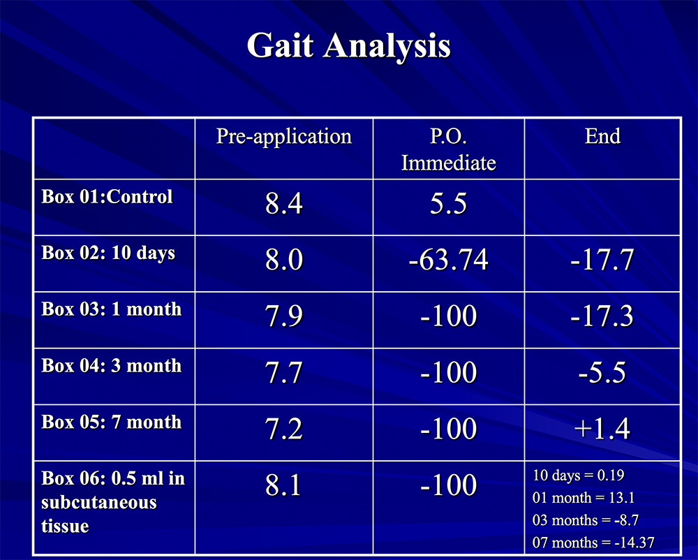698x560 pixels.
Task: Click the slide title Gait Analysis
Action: [x=348, y=46]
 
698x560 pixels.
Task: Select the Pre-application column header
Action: [x=283, y=135]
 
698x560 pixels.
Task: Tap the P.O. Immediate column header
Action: [x=448, y=149]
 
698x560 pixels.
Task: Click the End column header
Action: [x=602, y=135]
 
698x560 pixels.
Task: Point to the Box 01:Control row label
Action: [x=107, y=196]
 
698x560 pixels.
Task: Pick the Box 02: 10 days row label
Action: [x=108, y=253]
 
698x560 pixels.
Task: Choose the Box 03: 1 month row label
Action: [x=112, y=309]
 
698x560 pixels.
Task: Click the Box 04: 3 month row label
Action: [x=112, y=365]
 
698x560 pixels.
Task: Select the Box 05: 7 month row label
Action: [x=112, y=422]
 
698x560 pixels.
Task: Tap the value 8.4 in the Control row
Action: [x=283, y=205]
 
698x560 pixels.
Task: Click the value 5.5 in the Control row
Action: [x=448, y=205]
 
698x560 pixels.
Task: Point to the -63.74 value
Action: [x=448, y=260]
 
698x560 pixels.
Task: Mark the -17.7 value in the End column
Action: [x=602, y=260]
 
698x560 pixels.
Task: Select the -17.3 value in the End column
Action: [x=602, y=316]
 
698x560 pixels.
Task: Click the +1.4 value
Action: [x=602, y=429]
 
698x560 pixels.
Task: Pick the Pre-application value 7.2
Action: [x=283, y=429]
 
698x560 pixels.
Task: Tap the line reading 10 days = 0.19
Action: [x=578, y=476]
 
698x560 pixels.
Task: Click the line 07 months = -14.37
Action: [x=593, y=543]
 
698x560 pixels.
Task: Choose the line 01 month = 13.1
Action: [x=583, y=499]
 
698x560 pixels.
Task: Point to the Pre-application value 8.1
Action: [x=283, y=485]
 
